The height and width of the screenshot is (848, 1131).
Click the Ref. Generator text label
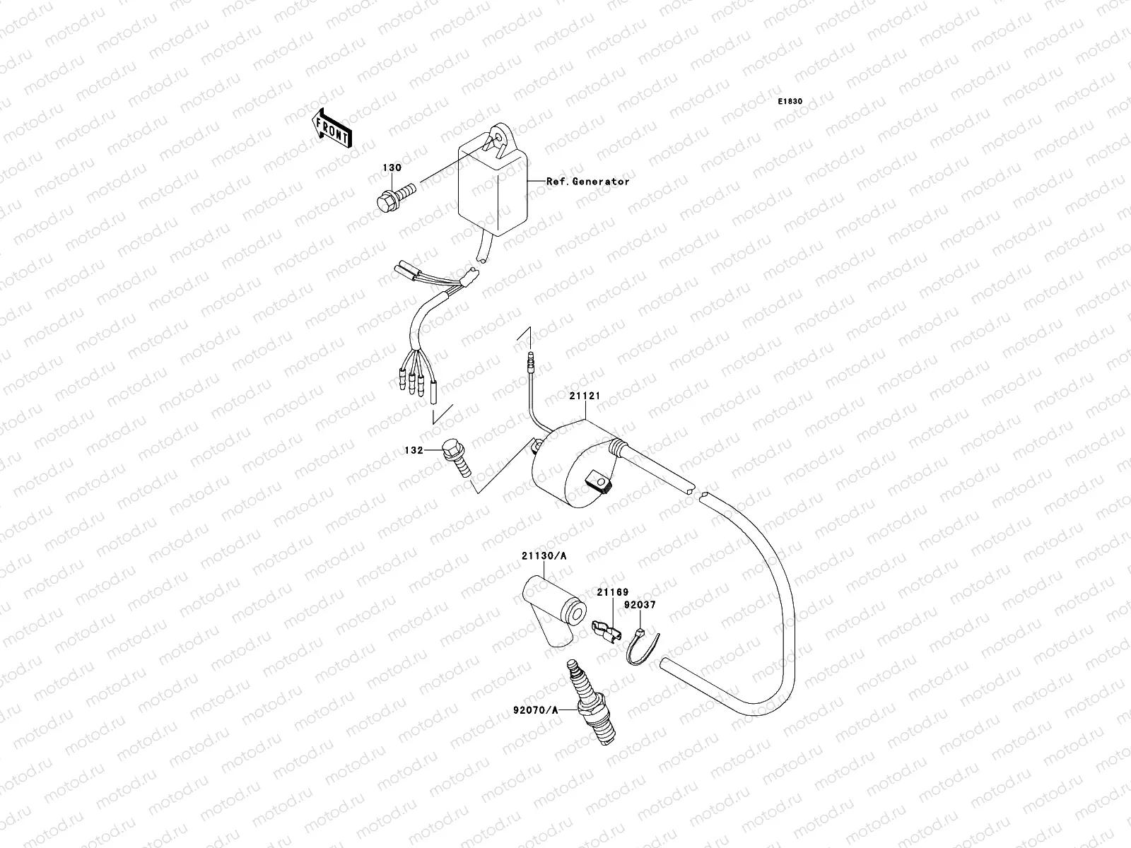[x=587, y=182]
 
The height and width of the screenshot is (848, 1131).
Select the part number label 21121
[x=585, y=396]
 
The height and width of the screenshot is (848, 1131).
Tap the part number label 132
[x=414, y=449]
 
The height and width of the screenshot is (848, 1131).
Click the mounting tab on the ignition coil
[x=599, y=483]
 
